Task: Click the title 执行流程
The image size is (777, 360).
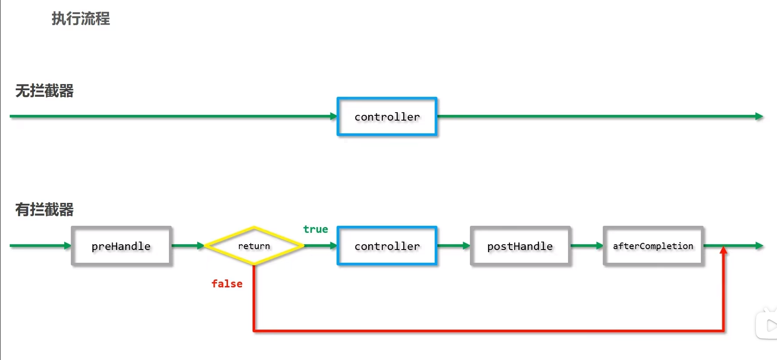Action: tap(81, 18)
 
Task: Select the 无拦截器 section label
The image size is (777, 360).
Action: tap(44, 91)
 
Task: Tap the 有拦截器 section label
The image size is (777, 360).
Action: tap(44, 209)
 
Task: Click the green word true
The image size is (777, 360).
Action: tap(315, 229)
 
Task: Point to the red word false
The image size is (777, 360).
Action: tap(227, 284)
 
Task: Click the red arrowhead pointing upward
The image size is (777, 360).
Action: tap(723, 250)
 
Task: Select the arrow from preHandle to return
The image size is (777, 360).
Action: tap(188, 246)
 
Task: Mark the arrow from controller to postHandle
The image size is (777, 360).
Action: tap(454, 246)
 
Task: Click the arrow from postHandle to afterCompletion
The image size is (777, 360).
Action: tap(587, 246)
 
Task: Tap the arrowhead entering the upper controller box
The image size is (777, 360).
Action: tap(334, 116)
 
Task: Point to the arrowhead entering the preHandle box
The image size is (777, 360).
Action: tap(67, 246)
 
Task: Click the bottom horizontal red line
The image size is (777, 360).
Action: tap(488, 331)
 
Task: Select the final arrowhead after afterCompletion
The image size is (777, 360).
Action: tap(759, 246)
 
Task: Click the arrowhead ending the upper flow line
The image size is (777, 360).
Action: tap(759, 116)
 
